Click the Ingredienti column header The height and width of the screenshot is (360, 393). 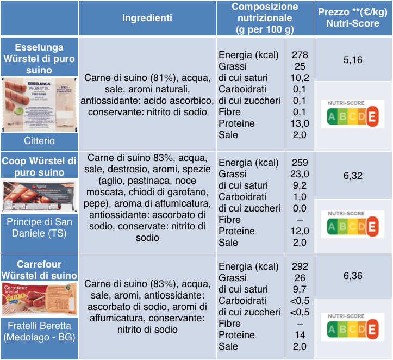coord(147,18)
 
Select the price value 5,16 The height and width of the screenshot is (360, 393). coord(353,60)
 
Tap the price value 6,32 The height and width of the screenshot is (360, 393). coord(353,176)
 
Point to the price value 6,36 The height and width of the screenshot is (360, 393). coord(353,276)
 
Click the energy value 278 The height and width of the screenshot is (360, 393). coord(300,55)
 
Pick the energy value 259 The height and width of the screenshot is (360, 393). coord(300,163)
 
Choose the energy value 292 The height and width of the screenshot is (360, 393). coord(300,266)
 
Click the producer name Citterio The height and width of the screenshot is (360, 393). coord(39,141)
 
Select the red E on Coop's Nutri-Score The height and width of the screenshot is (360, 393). coord(372,226)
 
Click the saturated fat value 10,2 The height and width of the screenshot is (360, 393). coord(300,78)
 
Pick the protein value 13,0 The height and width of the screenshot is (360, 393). coord(300,123)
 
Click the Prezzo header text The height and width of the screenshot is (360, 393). coord(352,12)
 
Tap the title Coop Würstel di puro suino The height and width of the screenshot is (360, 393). coord(39,166)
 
